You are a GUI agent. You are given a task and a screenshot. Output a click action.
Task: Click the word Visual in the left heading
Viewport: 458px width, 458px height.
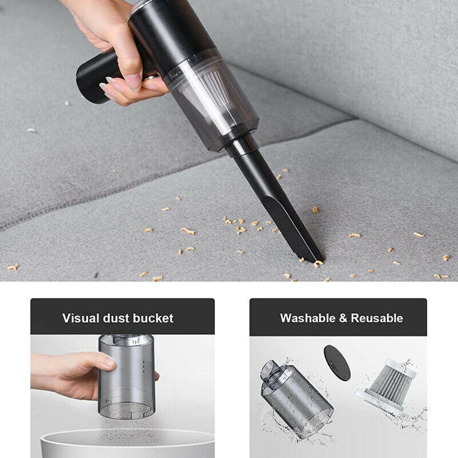pyautogui.click(x=79, y=318)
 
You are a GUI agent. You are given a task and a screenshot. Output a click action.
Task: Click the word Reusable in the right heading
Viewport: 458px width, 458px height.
pyautogui.click(x=377, y=318)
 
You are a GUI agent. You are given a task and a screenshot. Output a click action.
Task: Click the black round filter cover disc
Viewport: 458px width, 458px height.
pyautogui.click(x=337, y=363)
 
